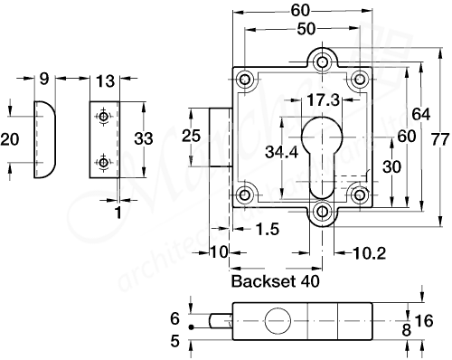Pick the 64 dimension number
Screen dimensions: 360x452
tap(417, 115)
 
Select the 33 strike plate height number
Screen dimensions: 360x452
tap(143, 140)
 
